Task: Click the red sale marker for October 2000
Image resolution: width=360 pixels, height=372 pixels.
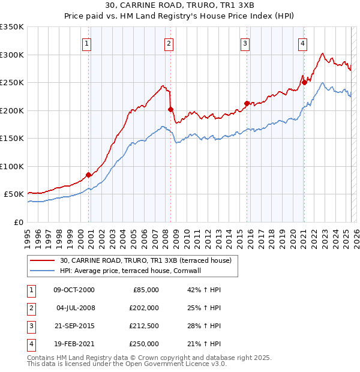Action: click(89, 175)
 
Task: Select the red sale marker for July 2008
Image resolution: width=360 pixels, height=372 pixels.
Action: click(170, 109)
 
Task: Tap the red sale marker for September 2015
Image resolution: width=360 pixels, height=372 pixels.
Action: click(247, 103)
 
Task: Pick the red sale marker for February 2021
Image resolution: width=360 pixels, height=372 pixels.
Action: click(304, 82)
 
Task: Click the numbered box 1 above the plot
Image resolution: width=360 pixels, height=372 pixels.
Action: click(88, 43)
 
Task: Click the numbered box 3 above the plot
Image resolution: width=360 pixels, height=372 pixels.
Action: click(245, 43)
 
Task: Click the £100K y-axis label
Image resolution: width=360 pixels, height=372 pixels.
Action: click(12, 166)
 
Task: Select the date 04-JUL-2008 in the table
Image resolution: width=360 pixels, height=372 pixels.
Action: click(75, 308)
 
